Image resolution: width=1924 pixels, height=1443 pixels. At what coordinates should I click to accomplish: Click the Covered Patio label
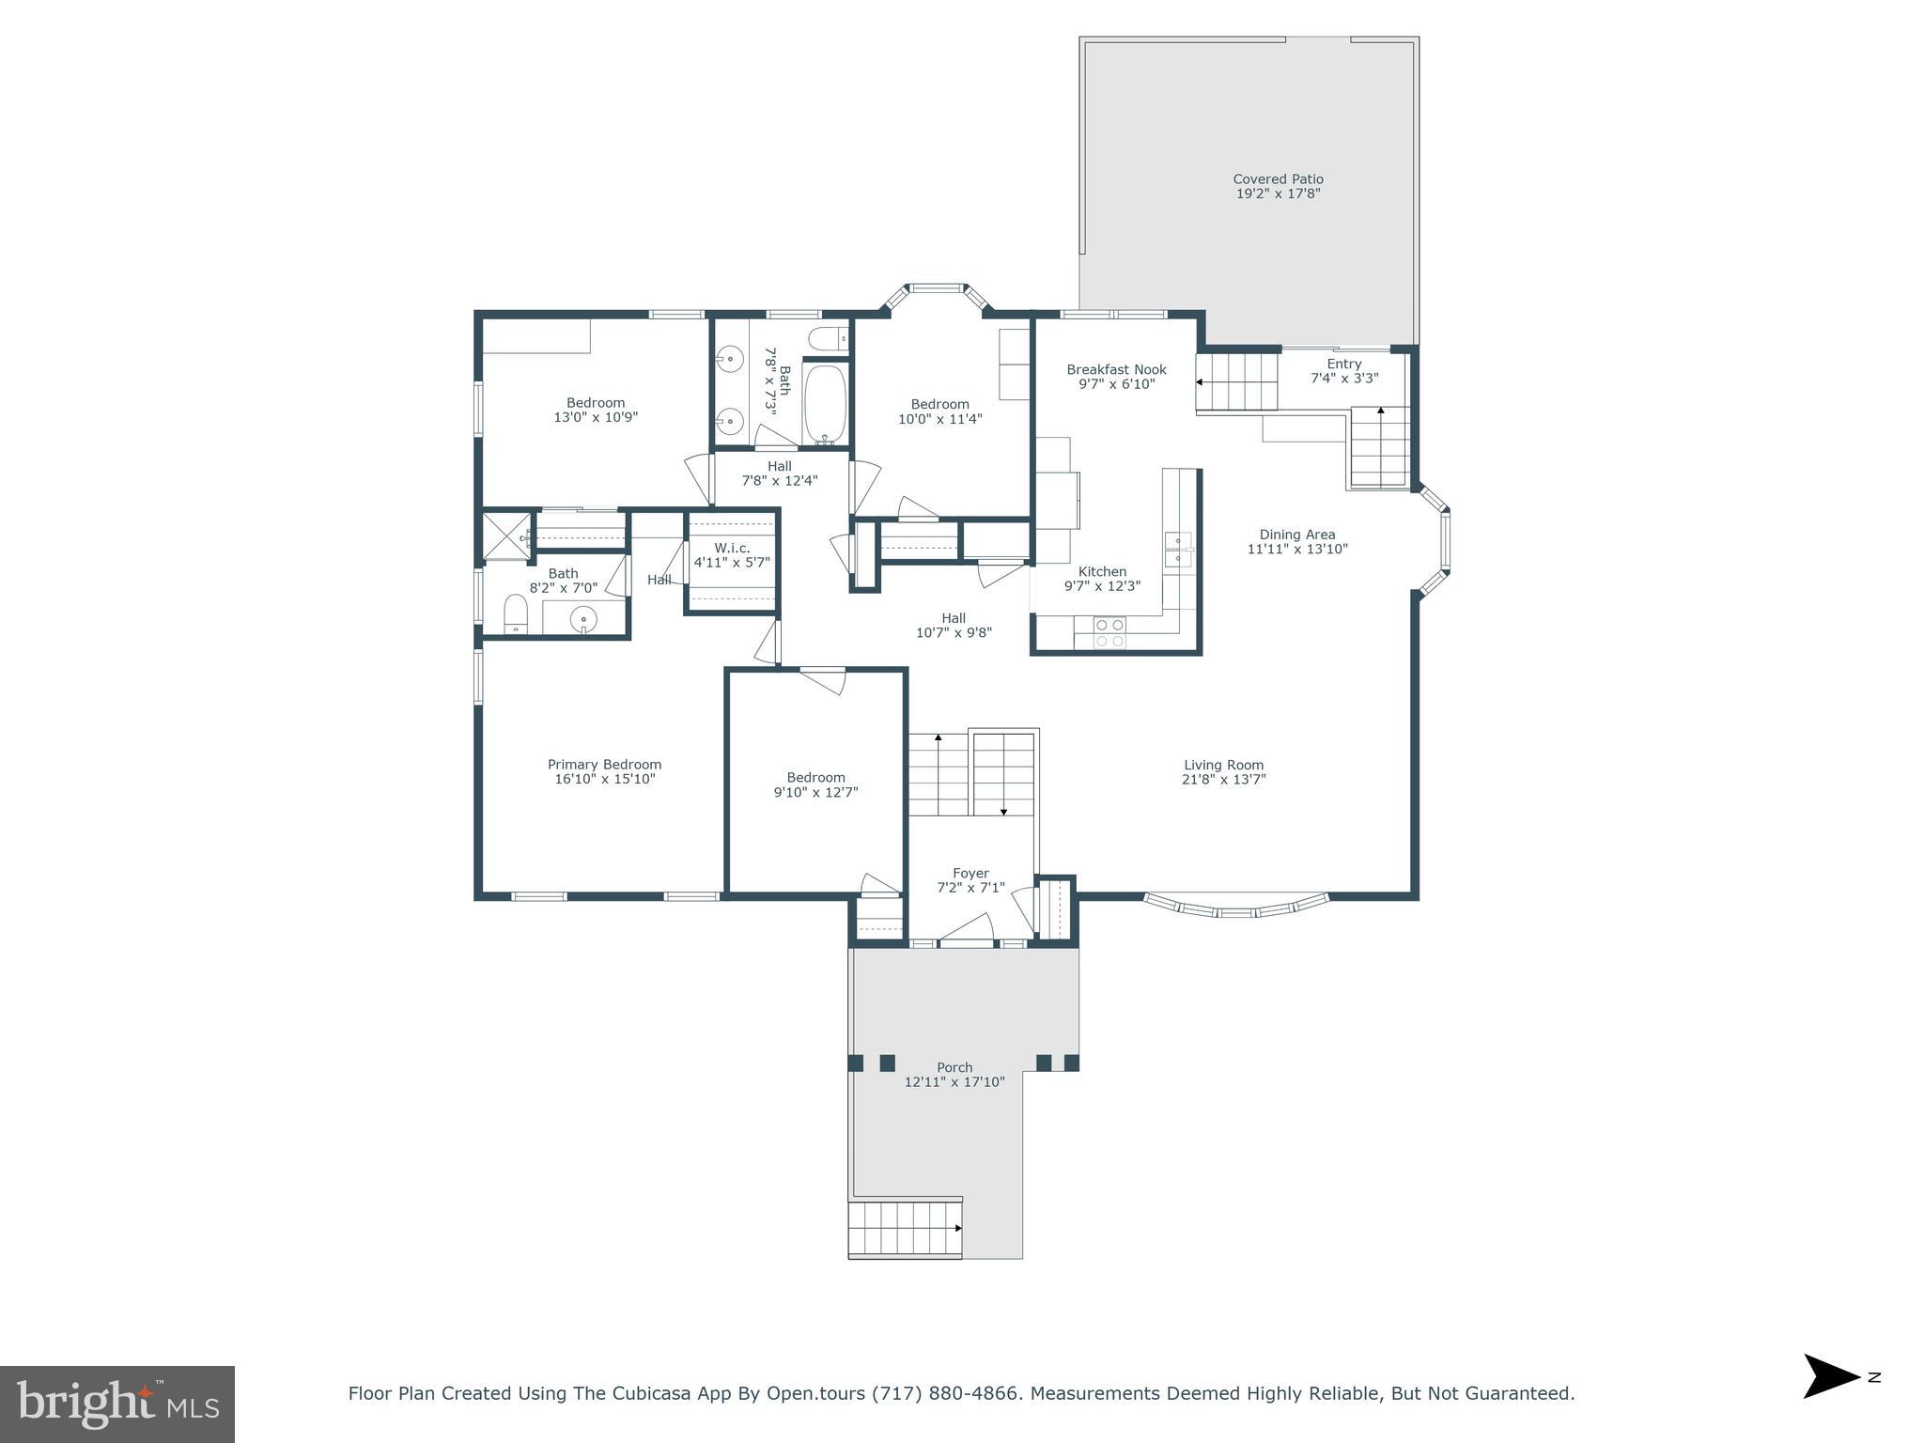1278,179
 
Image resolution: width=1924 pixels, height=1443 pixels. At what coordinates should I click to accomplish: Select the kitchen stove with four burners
1110,632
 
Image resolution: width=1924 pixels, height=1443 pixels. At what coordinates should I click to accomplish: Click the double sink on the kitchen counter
1178,549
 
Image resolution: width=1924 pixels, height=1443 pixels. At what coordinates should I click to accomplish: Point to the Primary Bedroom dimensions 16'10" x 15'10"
604,779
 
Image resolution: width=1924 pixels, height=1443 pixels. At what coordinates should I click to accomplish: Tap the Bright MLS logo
117,1404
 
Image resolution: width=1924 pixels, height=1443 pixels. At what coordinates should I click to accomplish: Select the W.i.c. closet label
732,548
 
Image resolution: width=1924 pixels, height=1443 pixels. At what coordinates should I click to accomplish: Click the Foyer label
970,873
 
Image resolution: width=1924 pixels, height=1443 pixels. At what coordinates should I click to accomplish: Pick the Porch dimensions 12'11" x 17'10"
954,1082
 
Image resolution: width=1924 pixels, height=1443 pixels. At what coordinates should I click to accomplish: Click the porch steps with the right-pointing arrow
905,1228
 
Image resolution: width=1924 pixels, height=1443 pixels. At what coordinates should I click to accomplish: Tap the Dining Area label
1297,535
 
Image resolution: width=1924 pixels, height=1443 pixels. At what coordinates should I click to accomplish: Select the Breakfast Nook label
1116,369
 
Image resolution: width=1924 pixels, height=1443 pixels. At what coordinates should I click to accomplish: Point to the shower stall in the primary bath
505,535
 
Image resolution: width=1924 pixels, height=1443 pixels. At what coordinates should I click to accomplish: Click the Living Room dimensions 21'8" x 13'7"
1223,779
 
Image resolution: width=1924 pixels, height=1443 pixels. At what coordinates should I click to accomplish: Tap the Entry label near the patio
1343,364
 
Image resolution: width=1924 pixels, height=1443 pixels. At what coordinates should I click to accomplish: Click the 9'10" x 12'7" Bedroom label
815,777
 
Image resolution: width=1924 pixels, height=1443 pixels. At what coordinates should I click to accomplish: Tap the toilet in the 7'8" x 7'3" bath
828,338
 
